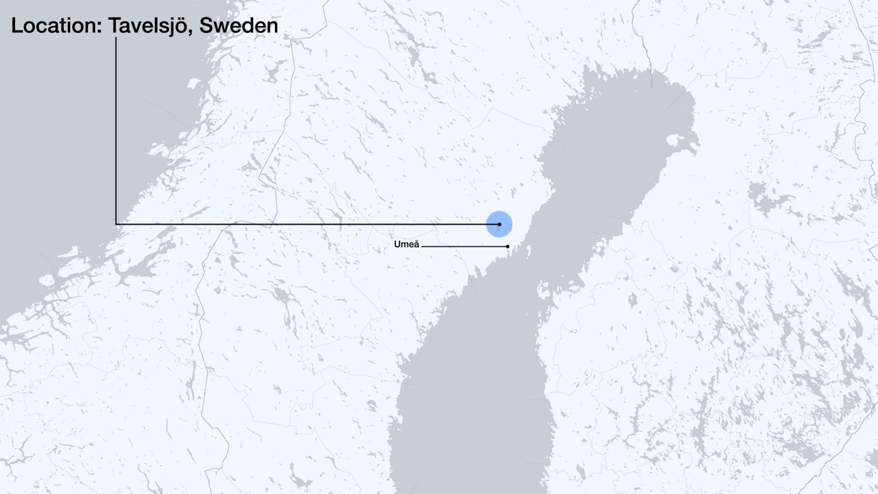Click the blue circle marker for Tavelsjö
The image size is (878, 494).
click(x=499, y=224)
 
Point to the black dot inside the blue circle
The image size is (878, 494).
click(x=499, y=224)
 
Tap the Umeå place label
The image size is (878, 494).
click(x=406, y=245)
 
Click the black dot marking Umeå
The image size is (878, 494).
click(x=508, y=246)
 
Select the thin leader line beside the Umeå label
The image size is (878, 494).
click(x=463, y=246)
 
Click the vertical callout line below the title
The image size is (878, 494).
click(x=116, y=130)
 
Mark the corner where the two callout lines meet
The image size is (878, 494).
click(x=116, y=224)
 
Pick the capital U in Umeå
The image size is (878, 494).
click(x=397, y=245)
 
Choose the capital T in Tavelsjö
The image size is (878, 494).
click(x=116, y=26)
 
